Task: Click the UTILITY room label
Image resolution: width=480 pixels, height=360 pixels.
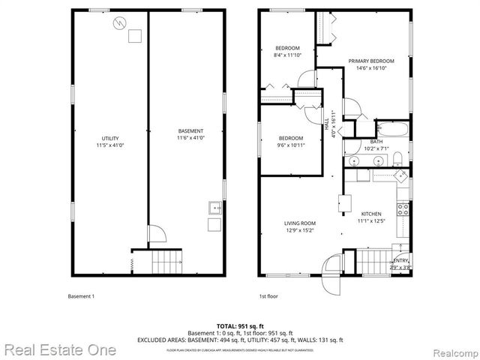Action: pos(110,138)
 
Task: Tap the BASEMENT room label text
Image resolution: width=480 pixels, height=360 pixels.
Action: pos(190,130)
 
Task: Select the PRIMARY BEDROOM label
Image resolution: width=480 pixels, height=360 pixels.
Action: pos(371,61)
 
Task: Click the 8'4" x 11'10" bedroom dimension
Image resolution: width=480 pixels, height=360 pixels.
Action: pos(288,54)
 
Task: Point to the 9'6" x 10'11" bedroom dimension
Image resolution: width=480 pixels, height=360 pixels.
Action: pos(291,144)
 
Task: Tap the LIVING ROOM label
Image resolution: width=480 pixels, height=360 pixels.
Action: pos(299,223)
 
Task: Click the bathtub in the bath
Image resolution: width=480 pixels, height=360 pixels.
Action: pos(391,128)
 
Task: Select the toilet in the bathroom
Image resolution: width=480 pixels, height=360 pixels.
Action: pos(355,127)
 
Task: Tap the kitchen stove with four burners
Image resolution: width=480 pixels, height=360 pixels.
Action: pos(403,210)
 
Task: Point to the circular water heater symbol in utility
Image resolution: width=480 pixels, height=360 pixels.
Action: pos(117,23)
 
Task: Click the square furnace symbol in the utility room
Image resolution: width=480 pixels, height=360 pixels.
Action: pos(134,36)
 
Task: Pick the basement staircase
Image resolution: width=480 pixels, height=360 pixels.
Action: pos(166,262)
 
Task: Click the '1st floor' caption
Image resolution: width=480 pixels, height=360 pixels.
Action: pos(268,296)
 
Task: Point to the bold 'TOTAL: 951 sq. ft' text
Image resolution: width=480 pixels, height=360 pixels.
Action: pos(239,326)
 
